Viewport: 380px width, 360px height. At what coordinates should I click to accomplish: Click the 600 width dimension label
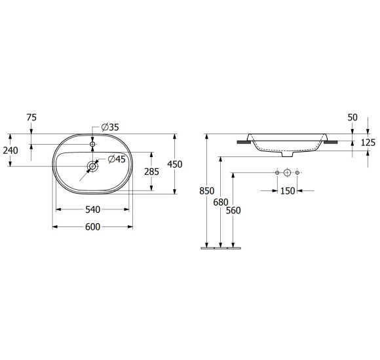[x=92, y=227]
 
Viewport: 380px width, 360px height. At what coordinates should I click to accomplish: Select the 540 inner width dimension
[x=92, y=209]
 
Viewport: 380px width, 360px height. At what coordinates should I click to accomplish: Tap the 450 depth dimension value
[x=175, y=164]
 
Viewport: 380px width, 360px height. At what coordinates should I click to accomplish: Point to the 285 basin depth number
[x=152, y=171]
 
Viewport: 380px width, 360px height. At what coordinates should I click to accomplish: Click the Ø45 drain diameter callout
[x=117, y=159]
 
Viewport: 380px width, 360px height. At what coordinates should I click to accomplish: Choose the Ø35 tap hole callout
[x=110, y=127]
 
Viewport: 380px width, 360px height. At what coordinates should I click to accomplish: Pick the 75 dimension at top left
[x=31, y=117]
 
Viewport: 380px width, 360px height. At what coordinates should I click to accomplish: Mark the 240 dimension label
[x=10, y=151]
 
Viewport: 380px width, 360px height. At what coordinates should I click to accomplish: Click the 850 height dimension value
[x=207, y=191]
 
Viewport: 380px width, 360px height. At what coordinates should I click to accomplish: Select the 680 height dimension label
[x=221, y=202]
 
